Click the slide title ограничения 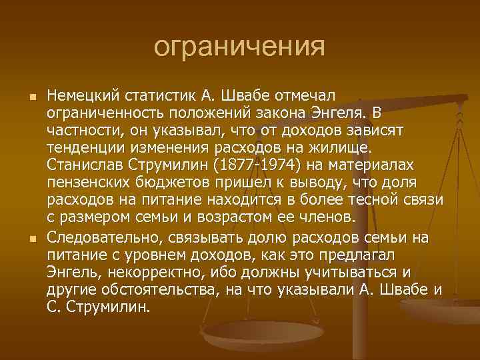pos(239,47)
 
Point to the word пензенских pos(79,182)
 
